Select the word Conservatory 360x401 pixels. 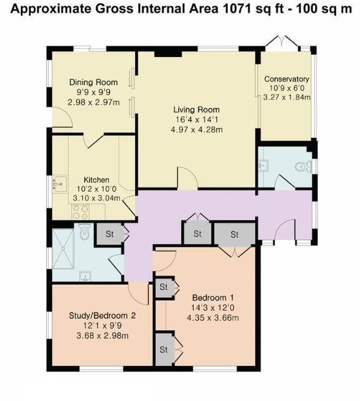pos(286,79)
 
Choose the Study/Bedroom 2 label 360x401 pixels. pos(102,316)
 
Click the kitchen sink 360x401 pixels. pos(60,182)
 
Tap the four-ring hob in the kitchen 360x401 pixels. pos(81,211)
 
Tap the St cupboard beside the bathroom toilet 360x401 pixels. pos(110,234)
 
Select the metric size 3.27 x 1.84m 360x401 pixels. pos(286,97)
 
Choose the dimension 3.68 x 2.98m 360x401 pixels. pos(102,335)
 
